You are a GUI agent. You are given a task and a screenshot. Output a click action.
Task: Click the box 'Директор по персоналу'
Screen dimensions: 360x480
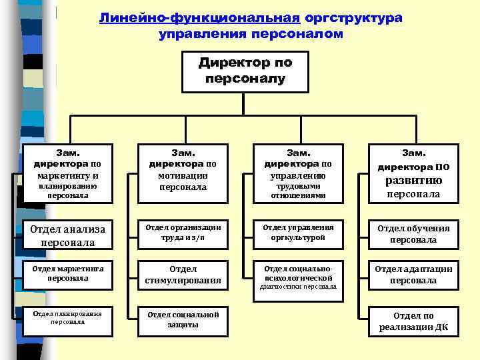[x=245, y=71]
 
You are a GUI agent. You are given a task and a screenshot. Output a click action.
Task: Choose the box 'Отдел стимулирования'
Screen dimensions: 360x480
[x=183, y=275]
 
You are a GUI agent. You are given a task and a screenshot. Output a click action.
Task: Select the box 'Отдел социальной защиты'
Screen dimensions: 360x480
[x=183, y=319]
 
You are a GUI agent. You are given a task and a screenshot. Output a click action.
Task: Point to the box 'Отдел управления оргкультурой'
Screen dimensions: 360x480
[x=298, y=233]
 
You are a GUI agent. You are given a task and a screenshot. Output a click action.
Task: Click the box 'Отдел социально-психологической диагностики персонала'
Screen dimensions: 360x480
[x=298, y=275]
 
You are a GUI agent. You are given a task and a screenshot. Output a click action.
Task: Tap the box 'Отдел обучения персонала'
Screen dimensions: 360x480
[x=413, y=233]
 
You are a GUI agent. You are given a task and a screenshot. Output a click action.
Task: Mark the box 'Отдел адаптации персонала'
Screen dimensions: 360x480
[x=413, y=275]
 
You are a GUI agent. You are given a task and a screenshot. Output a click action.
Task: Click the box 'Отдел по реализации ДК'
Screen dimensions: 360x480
[x=413, y=321]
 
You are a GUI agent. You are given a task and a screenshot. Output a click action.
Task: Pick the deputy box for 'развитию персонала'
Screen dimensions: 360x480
[x=413, y=173]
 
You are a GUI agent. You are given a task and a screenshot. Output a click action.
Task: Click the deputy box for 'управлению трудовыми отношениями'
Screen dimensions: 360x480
[x=298, y=172]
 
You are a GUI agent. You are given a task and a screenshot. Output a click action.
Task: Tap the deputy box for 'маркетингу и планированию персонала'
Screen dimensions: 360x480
[x=68, y=172]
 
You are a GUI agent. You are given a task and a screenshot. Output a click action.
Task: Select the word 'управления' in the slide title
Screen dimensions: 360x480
[x=194, y=33]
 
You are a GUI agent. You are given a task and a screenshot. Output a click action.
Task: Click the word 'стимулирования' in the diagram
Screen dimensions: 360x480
[x=183, y=281]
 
